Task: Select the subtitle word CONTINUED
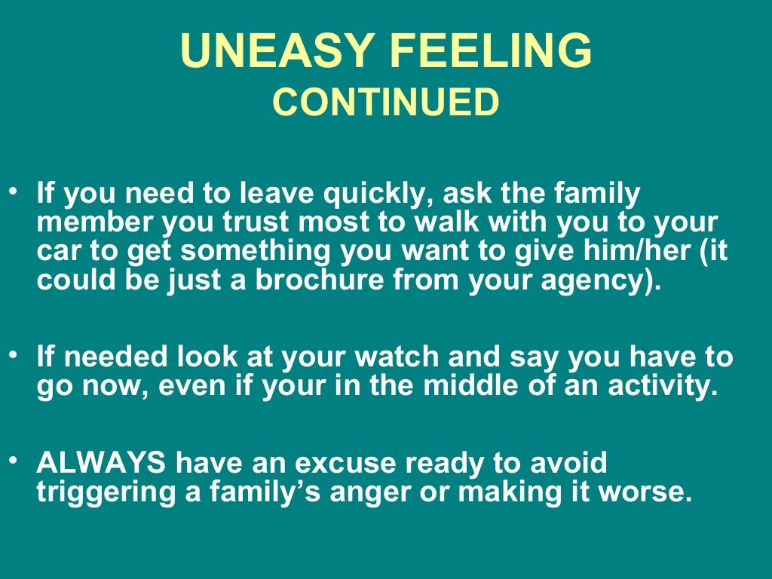(x=385, y=103)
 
